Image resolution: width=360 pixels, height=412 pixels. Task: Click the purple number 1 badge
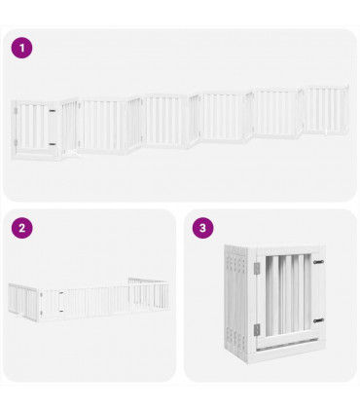coord(21,47)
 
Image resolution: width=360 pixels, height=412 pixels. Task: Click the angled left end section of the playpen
coord(14,298)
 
